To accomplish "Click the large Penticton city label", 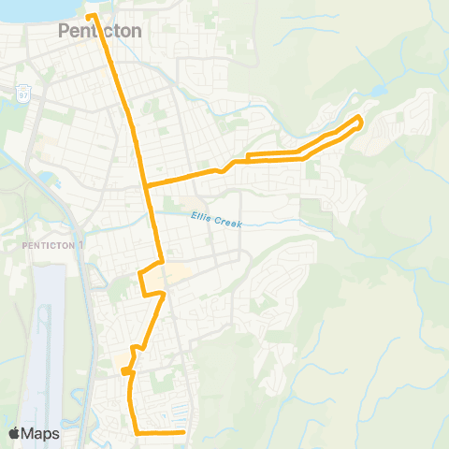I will tap(100, 31).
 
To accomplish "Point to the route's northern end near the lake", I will tap(90, 16).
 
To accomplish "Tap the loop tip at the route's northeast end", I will tap(361, 119).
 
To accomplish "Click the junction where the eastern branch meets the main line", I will tap(146, 183).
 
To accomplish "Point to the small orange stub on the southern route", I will tap(124, 370).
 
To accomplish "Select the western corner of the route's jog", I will tap(140, 273).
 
